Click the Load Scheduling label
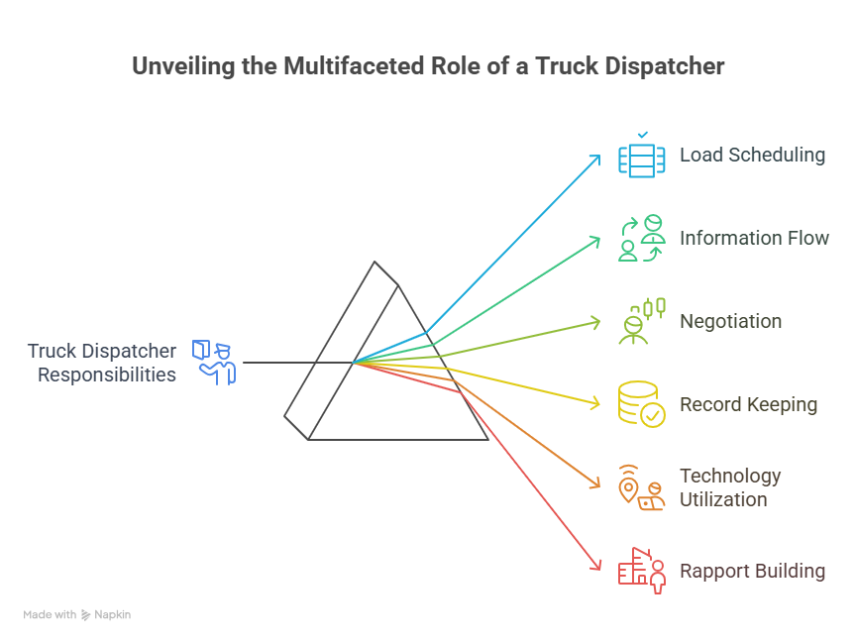click(752, 155)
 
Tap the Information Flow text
click(754, 238)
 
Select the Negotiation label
click(730, 321)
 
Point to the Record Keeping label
click(748, 404)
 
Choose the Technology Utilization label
click(730, 487)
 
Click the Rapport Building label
click(752, 571)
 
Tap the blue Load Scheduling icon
click(642, 157)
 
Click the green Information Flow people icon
click(642, 238)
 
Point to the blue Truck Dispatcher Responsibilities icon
click(215, 362)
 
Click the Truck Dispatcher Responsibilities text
click(102, 363)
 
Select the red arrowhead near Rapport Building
click(597, 565)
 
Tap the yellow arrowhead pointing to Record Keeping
click(597, 402)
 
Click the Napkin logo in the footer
click(106, 615)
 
